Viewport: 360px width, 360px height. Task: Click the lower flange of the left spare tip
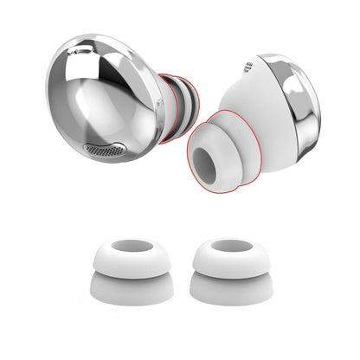[125, 290]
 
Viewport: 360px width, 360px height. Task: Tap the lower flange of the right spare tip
[229, 290]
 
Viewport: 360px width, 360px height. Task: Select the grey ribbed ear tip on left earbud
[175, 101]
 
